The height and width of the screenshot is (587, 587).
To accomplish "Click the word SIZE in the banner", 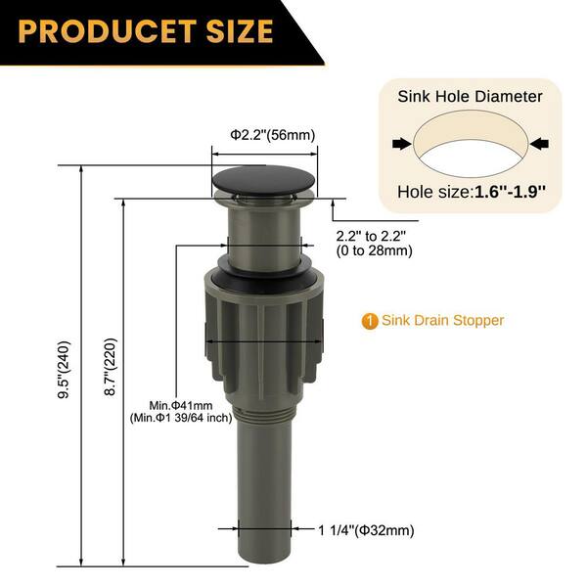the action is click(240, 31).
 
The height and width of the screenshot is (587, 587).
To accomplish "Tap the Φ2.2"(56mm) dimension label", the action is click(273, 135).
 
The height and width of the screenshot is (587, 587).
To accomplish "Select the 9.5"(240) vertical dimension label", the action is click(64, 370).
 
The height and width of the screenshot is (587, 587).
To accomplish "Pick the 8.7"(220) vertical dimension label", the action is click(111, 367).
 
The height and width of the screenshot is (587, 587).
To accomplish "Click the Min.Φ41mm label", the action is click(181, 405).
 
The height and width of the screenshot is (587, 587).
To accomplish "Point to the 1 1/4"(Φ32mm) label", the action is click(366, 530).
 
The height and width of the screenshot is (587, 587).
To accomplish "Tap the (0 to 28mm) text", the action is click(375, 250).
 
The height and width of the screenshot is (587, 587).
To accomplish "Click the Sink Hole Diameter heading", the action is click(470, 97).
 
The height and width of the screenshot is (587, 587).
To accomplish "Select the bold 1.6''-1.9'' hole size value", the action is click(510, 192).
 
